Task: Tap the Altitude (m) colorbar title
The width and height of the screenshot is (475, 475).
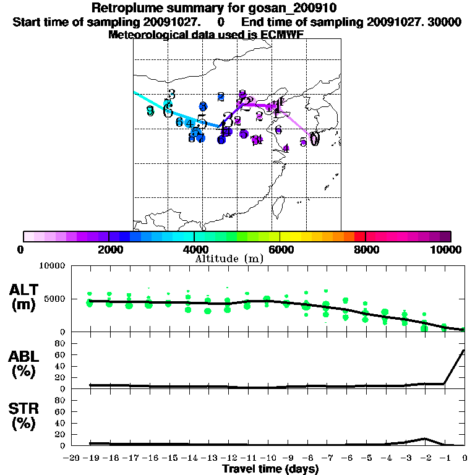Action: coord(229,258)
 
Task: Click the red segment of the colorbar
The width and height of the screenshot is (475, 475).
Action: coord(360,236)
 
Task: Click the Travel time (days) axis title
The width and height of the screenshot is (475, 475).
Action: coord(270,469)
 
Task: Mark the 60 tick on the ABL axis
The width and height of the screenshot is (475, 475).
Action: coord(61,354)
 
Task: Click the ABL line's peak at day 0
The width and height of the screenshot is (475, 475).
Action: coord(464,350)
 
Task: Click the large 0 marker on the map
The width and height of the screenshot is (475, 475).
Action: coord(315,139)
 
